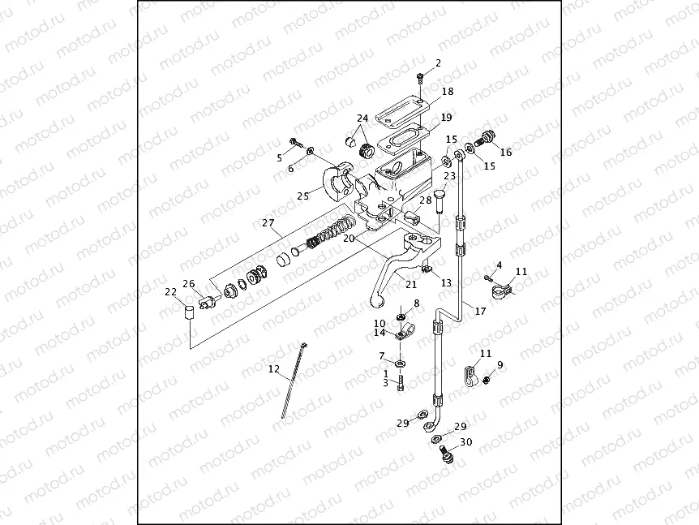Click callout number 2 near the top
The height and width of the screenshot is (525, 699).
(438, 62)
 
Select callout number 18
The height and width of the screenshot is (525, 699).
(448, 92)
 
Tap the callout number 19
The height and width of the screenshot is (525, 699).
(446, 117)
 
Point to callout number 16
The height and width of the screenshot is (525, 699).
(506, 152)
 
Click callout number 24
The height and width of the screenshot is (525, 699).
(362, 118)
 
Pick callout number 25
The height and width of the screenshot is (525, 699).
(303, 196)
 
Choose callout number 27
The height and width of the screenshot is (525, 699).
(268, 222)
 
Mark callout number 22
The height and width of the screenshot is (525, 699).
(170, 293)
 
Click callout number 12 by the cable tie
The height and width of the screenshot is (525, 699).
(274, 370)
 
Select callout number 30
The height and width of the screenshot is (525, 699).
(465, 442)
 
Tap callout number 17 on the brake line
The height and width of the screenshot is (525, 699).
(481, 311)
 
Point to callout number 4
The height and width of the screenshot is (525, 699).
(499, 265)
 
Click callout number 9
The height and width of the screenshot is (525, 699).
(500, 365)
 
